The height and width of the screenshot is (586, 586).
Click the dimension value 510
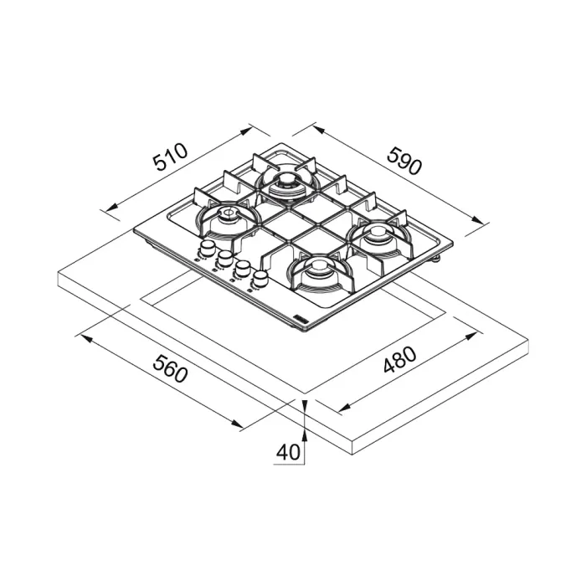170,159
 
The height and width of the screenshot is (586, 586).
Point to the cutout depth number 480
399,367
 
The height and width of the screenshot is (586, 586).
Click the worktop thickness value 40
287,452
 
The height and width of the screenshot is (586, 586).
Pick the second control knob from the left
225,258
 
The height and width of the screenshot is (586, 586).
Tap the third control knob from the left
244,267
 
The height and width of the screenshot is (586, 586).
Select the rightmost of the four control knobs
261,276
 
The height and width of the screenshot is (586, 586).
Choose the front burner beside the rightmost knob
319,270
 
